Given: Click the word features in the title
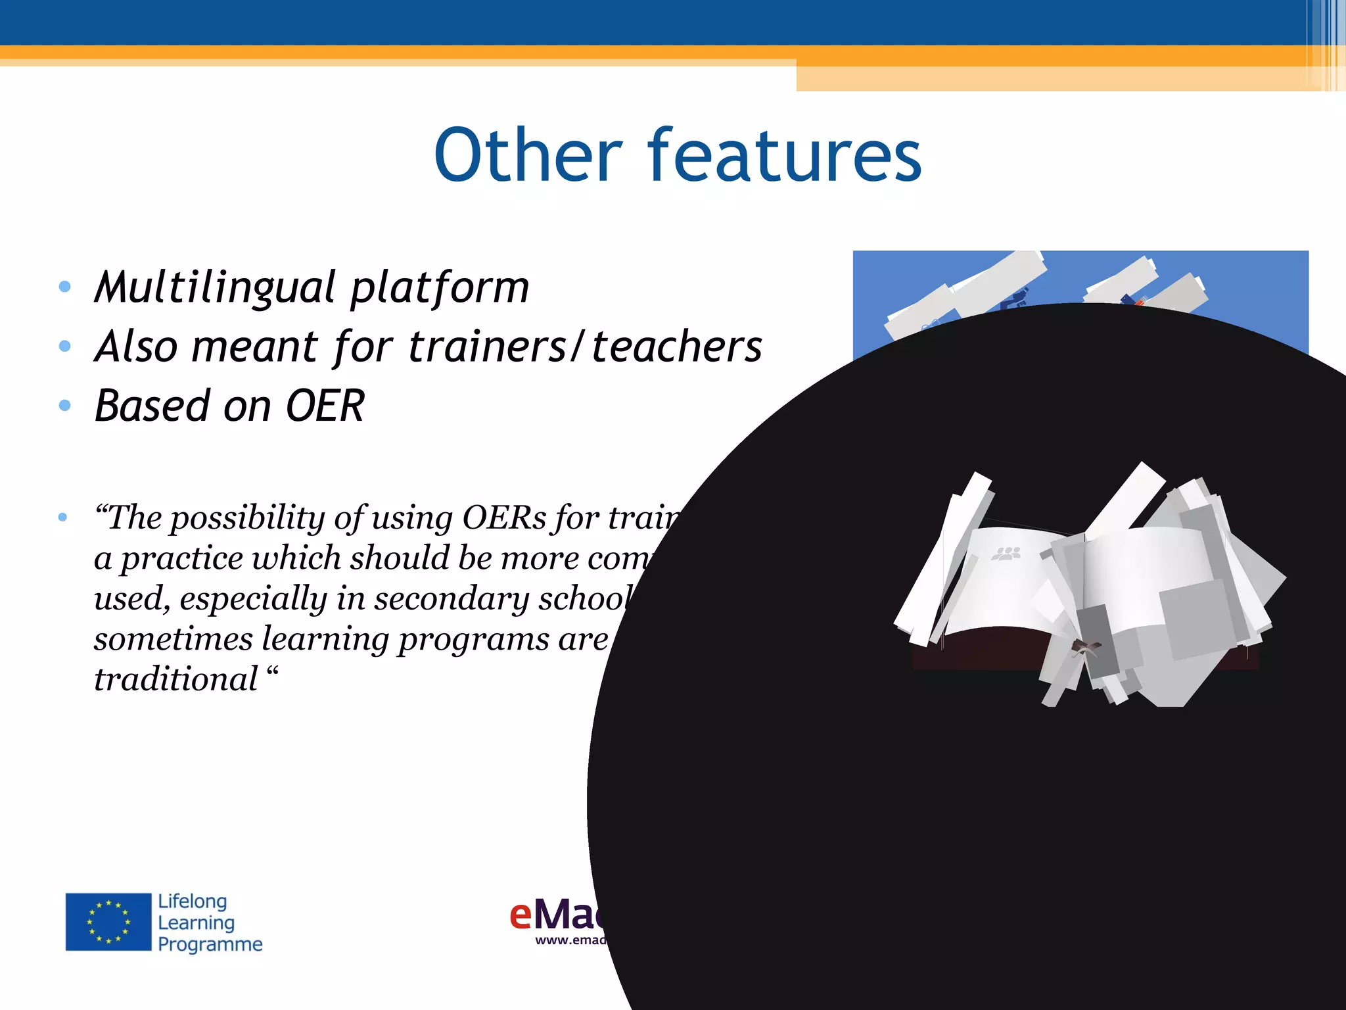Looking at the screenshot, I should [x=785, y=155].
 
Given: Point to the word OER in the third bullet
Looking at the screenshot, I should [x=325, y=406].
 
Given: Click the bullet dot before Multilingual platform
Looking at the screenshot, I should [x=64, y=287].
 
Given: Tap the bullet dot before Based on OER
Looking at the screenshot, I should [x=64, y=406].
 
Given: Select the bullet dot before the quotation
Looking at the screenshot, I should [x=62, y=517].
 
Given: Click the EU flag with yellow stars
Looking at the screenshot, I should [x=108, y=922].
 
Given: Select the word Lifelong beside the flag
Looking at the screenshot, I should [x=192, y=901].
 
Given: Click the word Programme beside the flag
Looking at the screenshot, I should [x=210, y=944].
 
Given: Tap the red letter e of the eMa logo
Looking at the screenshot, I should [x=521, y=915].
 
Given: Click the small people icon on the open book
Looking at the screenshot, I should [x=1006, y=554].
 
